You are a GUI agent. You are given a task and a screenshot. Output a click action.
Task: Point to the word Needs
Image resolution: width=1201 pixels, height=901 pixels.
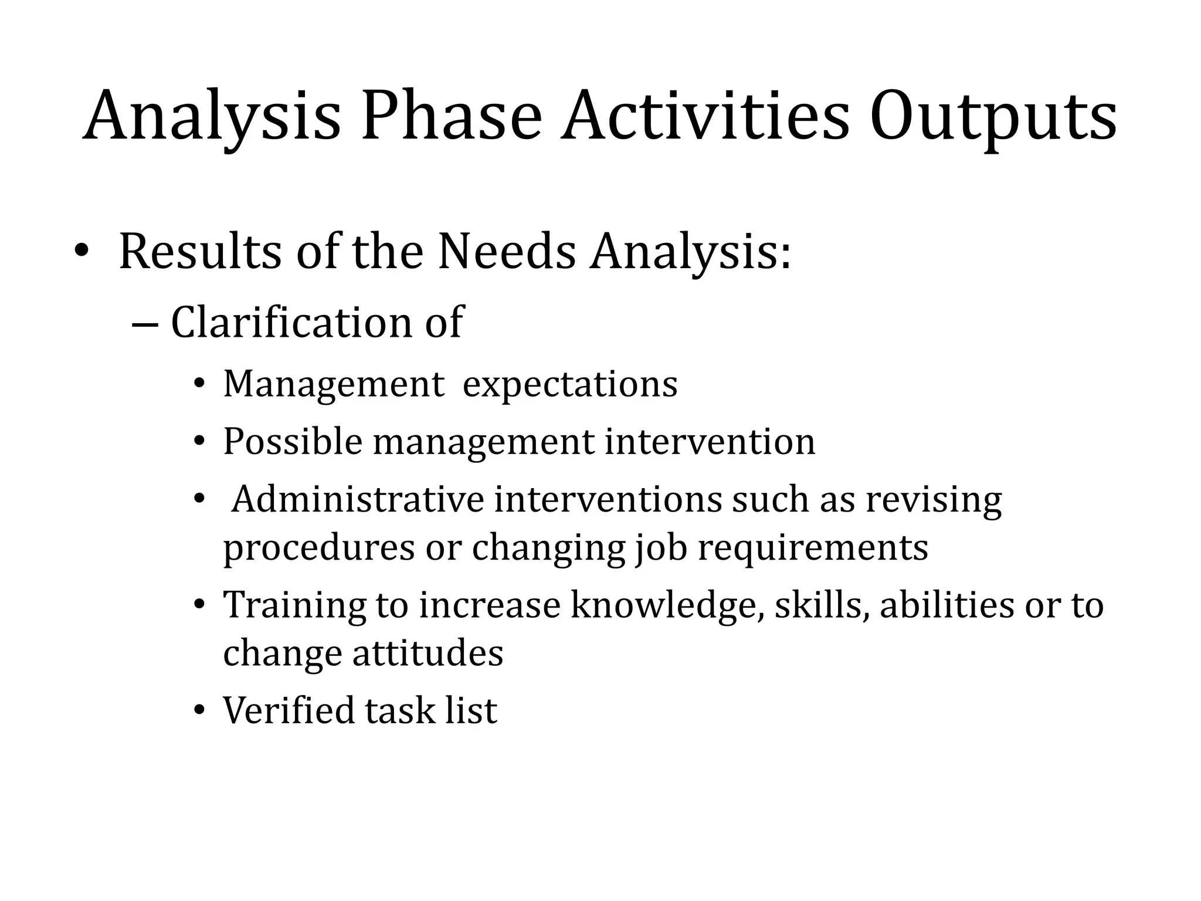click(507, 252)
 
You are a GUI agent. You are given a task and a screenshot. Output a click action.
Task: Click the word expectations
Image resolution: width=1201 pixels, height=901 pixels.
click(569, 386)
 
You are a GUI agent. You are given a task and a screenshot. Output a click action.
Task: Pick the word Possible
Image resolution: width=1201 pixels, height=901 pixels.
click(293, 442)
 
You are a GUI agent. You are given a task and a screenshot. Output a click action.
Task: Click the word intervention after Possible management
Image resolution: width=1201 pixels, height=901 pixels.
click(710, 442)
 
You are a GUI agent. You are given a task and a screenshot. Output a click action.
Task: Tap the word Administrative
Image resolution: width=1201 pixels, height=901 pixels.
click(357, 500)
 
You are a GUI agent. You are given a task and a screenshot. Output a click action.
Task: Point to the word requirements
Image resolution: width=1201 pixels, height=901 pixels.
click(813, 549)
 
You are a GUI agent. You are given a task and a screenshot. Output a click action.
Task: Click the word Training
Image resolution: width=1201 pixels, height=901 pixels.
click(294, 605)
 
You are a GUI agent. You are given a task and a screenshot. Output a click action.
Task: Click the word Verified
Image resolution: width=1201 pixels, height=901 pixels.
click(289, 710)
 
